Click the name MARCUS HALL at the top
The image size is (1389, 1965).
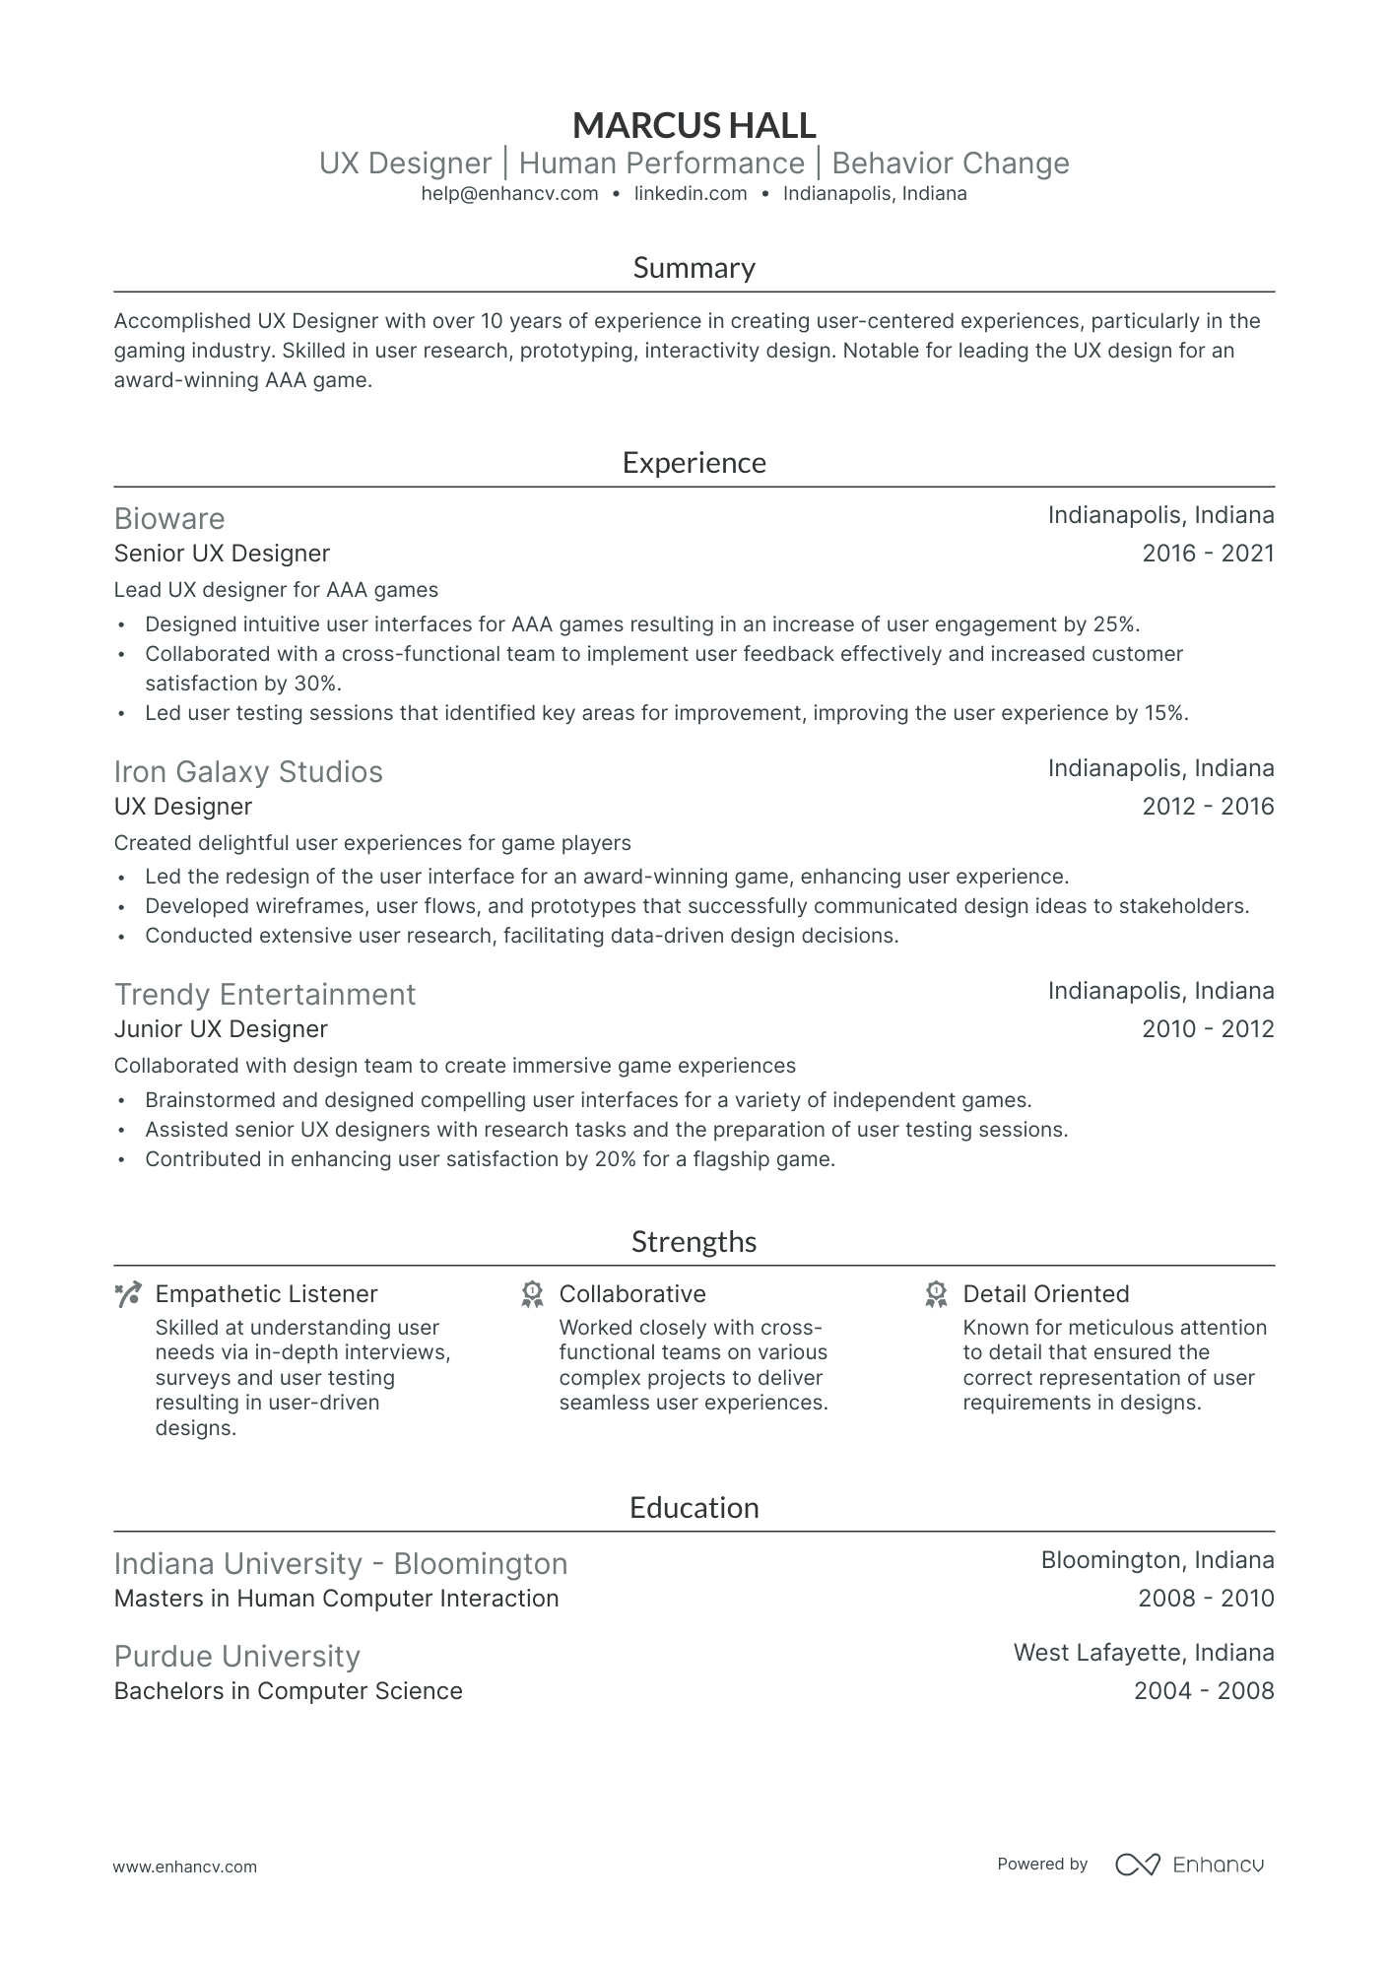[x=694, y=125]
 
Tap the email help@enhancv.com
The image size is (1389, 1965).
[x=509, y=194]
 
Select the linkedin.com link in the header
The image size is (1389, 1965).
[x=691, y=194]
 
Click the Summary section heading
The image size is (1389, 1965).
[x=694, y=268]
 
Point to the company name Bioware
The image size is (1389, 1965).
[x=169, y=519]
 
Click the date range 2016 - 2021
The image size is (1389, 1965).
[x=1208, y=554]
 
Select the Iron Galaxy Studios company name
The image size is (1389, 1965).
[x=248, y=772]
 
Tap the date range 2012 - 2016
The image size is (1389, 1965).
[x=1208, y=807]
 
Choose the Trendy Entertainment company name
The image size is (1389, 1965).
[x=265, y=995]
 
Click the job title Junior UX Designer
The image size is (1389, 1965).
[x=221, y=1029]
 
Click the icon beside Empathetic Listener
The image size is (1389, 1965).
[x=128, y=1294]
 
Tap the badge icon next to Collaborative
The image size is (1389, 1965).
[x=532, y=1294]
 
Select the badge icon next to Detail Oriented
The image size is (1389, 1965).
[x=936, y=1294]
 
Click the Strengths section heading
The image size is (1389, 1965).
[x=694, y=1242]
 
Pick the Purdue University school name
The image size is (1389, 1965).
[x=236, y=1657]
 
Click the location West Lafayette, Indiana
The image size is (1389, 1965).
[x=1144, y=1653]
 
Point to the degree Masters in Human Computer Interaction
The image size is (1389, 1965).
[x=336, y=1599]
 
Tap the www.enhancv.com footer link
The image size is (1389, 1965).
[x=185, y=1867]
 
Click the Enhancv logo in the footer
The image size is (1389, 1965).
[x=1189, y=1865]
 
